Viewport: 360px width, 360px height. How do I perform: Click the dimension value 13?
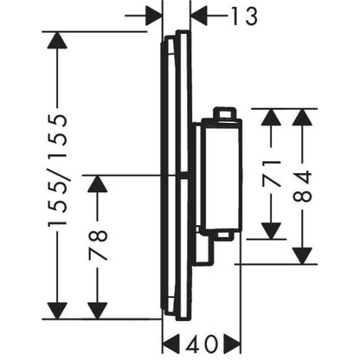click(244, 16)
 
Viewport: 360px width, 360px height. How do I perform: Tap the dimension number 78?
click(98, 245)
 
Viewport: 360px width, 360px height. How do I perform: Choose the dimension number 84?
click(302, 186)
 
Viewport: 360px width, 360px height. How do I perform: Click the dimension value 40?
click(202, 344)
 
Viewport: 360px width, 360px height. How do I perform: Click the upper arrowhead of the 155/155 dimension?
click(57, 40)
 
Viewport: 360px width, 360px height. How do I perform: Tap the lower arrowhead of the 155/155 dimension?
click(57, 311)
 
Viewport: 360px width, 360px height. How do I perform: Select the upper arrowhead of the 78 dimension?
click(98, 183)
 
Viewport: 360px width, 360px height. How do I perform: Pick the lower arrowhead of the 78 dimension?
click(98, 311)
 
